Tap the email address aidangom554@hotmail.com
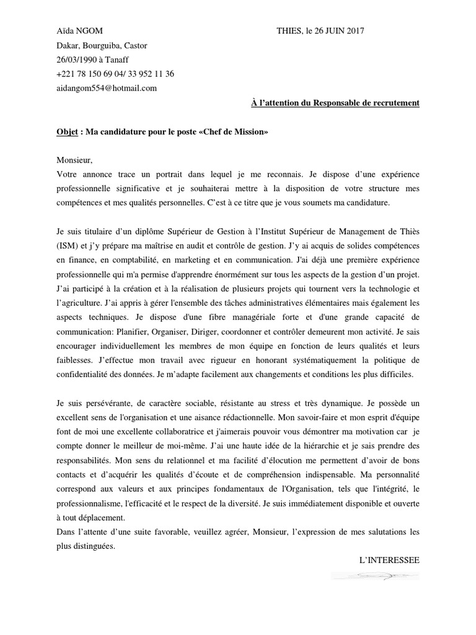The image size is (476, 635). (x=106, y=88)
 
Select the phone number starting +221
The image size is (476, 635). (x=115, y=74)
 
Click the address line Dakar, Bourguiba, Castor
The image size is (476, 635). (x=102, y=45)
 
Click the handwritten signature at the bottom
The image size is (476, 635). (x=375, y=575)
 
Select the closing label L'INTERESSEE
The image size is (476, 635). (x=389, y=560)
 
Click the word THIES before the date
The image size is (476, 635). (x=290, y=31)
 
